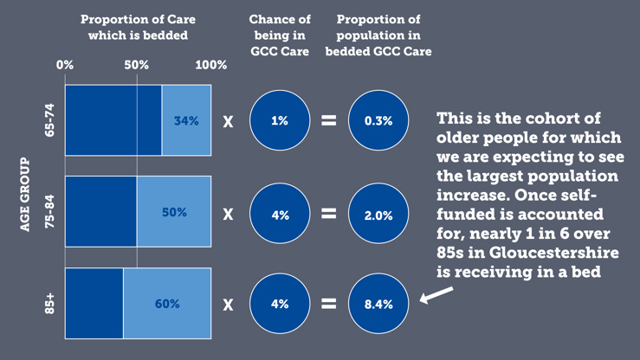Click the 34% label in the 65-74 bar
pos(186,121)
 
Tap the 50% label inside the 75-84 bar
pos(174,212)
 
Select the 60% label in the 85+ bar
pos(167,304)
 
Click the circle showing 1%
pos(280,121)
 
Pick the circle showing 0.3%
pos(378,121)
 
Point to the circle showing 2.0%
pos(378,213)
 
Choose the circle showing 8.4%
pos(378,304)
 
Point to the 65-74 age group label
pos(49,121)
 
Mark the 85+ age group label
pos(49,304)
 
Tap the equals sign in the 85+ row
pos(329,304)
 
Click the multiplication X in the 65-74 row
pos(229,121)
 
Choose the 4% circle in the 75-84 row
pos(280,213)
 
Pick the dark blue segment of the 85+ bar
pos(94,304)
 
